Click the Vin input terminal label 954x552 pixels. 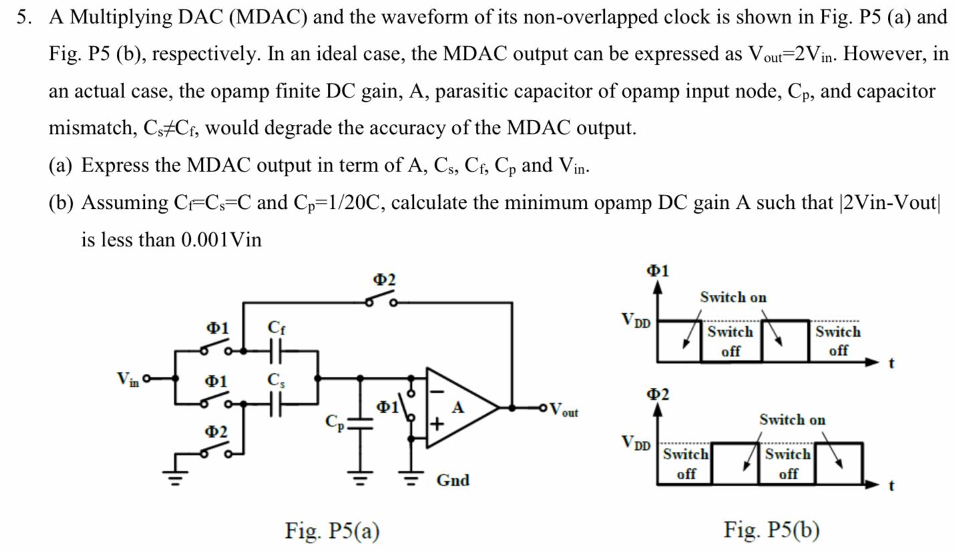click(x=128, y=379)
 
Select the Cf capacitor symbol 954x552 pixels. click(x=276, y=350)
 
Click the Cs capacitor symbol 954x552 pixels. click(x=276, y=404)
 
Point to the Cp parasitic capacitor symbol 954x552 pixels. click(x=361, y=423)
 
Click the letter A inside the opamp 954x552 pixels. click(x=458, y=407)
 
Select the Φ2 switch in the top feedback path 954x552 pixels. click(x=381, y=300)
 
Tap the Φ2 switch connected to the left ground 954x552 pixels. click(x=215, y=452)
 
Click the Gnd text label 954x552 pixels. click(x=453, y=480)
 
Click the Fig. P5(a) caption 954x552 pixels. click(x=332, y=531)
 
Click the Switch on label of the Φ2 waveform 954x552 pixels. click(x=792, y=420)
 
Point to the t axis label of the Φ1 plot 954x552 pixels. click(x=891, y=363)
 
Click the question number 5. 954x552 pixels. click(x=24, y=17)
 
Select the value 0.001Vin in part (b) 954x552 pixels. click(x=221, y=240)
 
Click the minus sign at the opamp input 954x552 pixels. click(x=437, y=391)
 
